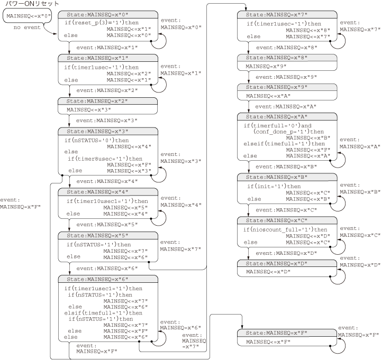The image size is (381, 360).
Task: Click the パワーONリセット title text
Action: coord(32,4)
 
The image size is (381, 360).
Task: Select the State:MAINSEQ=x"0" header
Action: coord(108,15)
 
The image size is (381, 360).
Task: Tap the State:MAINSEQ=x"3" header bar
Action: coord(108,131)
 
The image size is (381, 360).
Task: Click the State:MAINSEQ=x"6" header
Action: coord(108,279)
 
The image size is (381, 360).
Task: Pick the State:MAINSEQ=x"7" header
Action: coord(287,15)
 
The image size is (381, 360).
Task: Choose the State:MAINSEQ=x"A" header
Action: coord(287,117)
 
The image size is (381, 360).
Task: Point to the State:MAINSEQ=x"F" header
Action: coord(287,333)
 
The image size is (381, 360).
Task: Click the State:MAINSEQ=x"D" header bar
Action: coord(287,264)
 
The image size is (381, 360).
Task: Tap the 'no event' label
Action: coord(27,27)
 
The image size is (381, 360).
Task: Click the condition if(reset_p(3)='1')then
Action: coord(102,23)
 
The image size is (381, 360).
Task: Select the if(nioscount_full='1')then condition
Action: coord(285,229)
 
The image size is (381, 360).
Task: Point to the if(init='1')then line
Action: coord(274,187)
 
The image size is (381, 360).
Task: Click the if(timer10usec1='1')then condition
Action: coord(107,201)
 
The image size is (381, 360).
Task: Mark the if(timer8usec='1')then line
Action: coord(105,159)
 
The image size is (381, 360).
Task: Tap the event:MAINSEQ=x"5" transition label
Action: coord(107,225)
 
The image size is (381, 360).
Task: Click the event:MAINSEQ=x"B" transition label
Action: coord(286,167)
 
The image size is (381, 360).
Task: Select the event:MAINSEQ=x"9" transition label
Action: coord(286,77)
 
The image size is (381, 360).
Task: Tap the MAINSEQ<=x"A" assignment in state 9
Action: coord(268,96)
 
